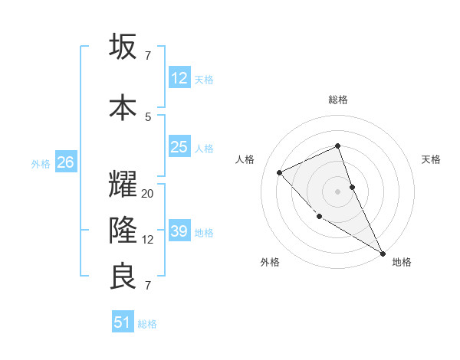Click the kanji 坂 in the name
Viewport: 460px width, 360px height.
pos(124,47)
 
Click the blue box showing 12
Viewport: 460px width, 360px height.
pos(179,78)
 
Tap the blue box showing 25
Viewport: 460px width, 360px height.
pos(179,147)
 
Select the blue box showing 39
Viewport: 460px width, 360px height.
pos(179,231)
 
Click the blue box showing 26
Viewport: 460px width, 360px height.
pos(65,162)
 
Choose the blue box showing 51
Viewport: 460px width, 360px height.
pos(123,322)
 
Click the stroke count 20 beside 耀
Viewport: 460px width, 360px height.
pos(148,194)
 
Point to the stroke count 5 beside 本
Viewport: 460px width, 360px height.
pos(148,116)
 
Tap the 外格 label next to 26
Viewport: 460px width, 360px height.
pos(41,163)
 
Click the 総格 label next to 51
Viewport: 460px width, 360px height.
pos(147,324)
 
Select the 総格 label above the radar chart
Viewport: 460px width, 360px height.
pos(338,100)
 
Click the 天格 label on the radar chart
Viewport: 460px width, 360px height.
pos(432,159)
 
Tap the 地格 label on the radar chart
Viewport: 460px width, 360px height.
pos(402,262)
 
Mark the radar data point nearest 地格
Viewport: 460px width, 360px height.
pos(383,253)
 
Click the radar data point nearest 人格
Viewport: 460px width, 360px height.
pos(280,172)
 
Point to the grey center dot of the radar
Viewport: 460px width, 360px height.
pos(338,191)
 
